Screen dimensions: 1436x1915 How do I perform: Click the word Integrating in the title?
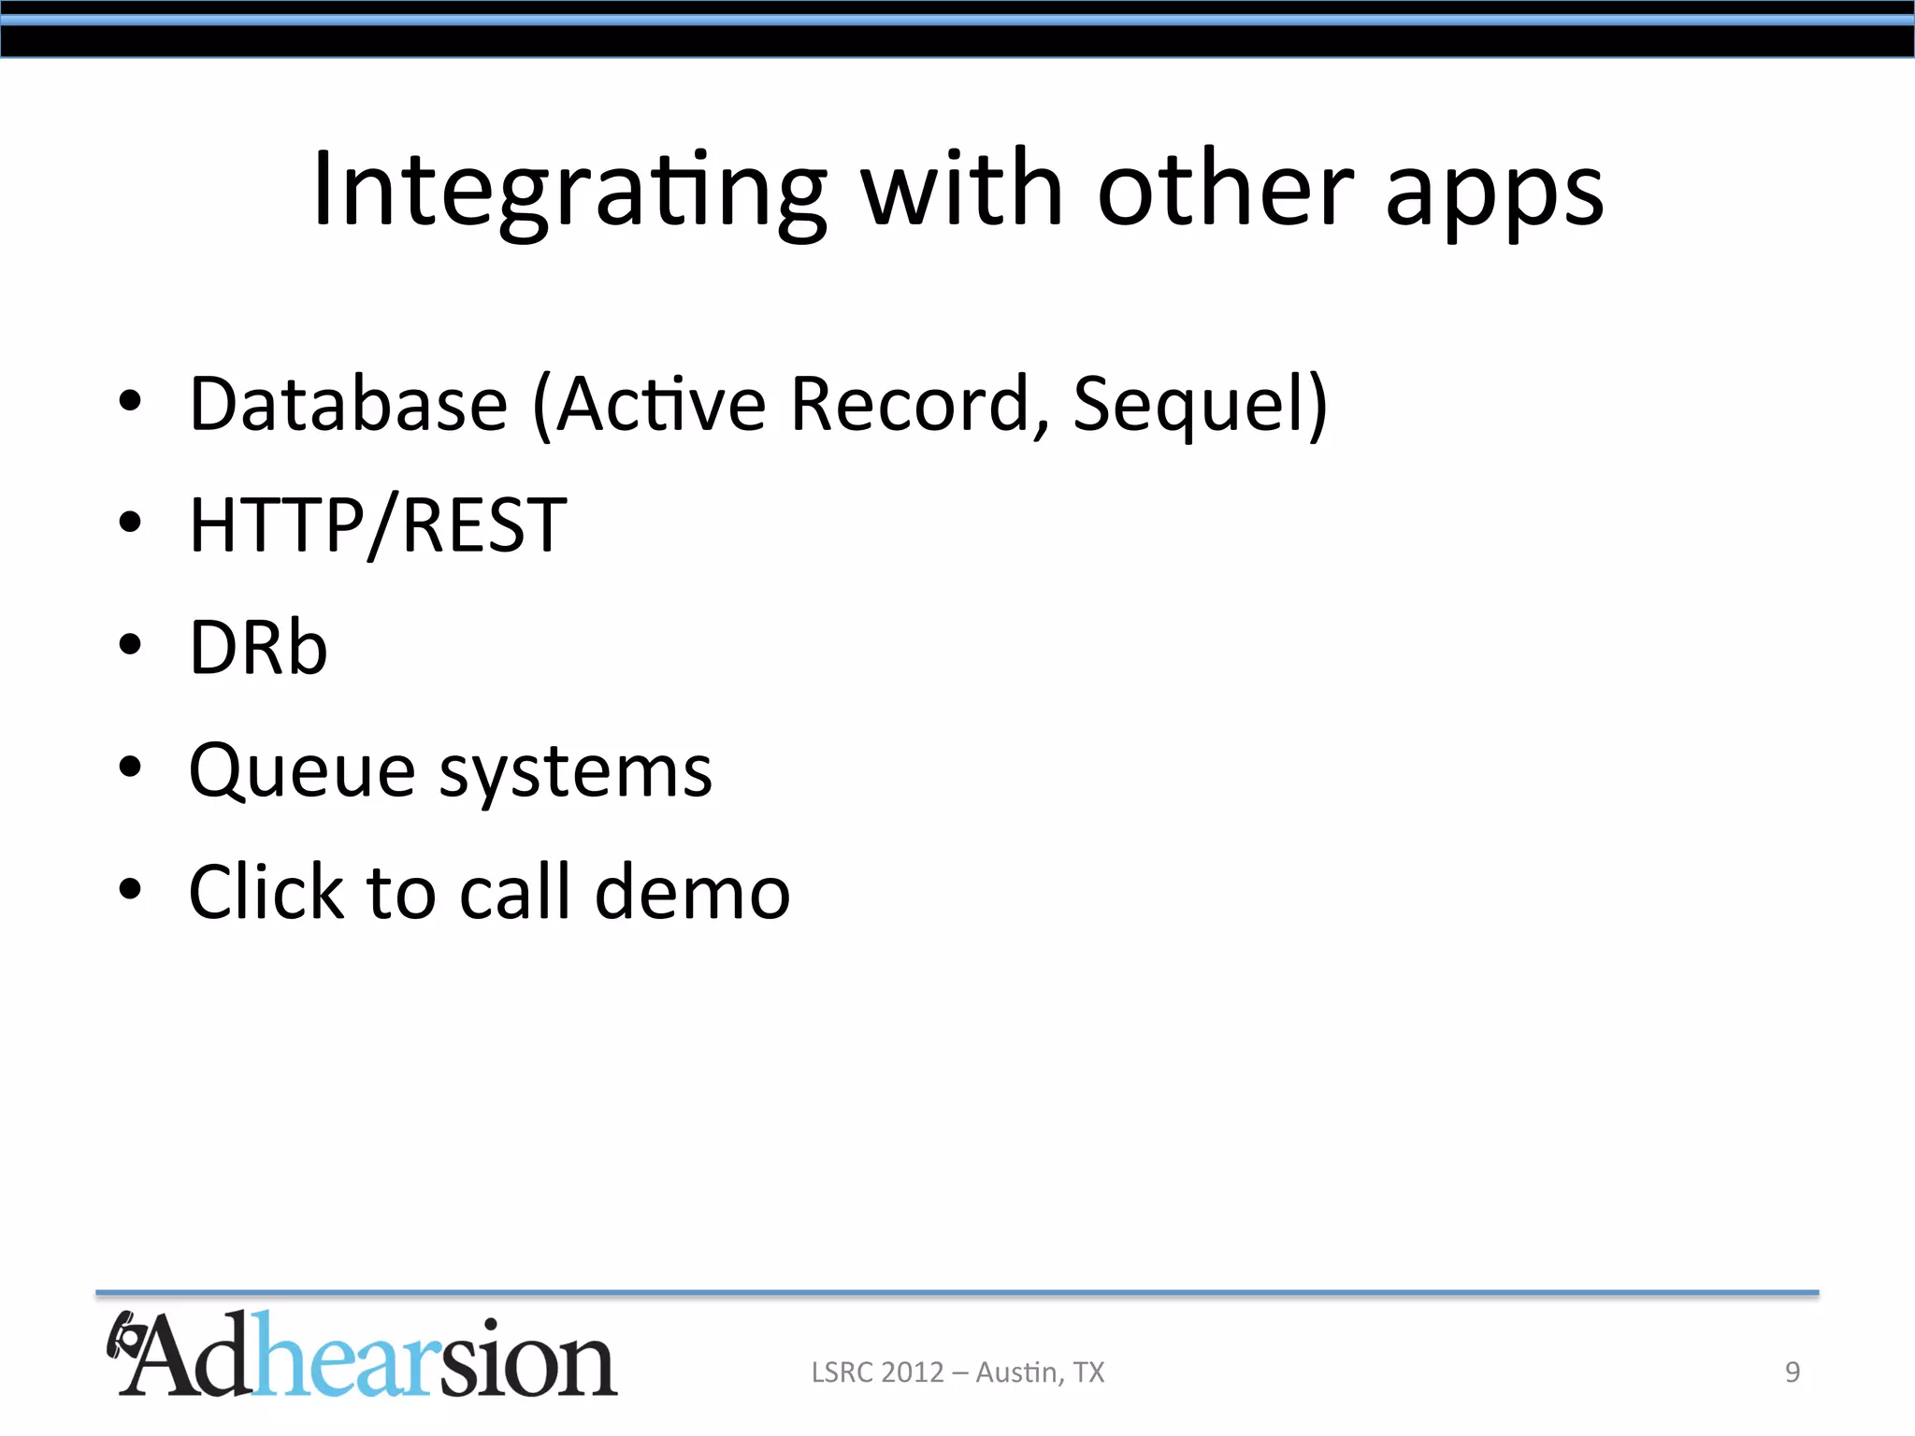coord(569,192)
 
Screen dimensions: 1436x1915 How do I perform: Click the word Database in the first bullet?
coord(348,404)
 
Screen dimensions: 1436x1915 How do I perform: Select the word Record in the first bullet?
coord(909,404)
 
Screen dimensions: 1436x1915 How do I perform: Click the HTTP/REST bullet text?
coord(378,525)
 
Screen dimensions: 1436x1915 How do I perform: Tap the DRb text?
coord(258,647)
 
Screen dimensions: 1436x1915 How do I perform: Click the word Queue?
coord(301,772)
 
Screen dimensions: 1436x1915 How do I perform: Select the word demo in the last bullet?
coord(693,892)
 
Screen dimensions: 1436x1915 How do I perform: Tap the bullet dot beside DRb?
coord(130,644)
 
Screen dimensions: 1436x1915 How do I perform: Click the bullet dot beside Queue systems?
coord(130,767)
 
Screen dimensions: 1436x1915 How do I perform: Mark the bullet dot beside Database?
coord(130,400)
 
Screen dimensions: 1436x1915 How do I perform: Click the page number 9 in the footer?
coord(1792,1371)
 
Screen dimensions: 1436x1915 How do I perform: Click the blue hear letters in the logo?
coord(345,1356)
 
